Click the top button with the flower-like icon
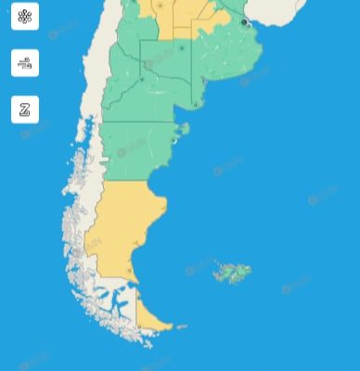pos(25,17)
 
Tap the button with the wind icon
pos(25,63)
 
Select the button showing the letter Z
pos(25,109)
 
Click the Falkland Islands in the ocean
pos(232,273)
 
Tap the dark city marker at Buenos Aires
pos(244,21)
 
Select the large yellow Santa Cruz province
pos(125,227)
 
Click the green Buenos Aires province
pos(223,65)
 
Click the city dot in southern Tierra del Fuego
pos(140,326)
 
